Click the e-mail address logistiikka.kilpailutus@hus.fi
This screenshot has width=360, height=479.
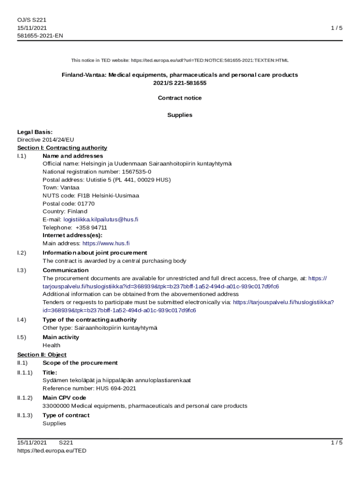click(101, 219)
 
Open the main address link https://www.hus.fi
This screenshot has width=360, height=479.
click(106, 243)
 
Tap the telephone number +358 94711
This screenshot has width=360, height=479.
click(91, 227)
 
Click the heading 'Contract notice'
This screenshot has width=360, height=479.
click(180, 98)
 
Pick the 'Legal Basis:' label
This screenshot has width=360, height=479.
click(35, 132)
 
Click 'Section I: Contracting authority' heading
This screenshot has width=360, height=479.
click(62, 148)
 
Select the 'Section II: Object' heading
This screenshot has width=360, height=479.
click(42, 355)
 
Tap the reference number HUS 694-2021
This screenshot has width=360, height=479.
click(116, 388)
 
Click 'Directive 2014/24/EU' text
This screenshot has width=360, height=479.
click(45, 140)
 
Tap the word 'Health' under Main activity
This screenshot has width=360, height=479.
click(51, 345)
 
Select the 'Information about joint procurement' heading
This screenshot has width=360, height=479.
click(94, 253)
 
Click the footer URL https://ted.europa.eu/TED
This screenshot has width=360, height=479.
click(52, 451)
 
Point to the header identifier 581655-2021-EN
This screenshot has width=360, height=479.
click(40, 36)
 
